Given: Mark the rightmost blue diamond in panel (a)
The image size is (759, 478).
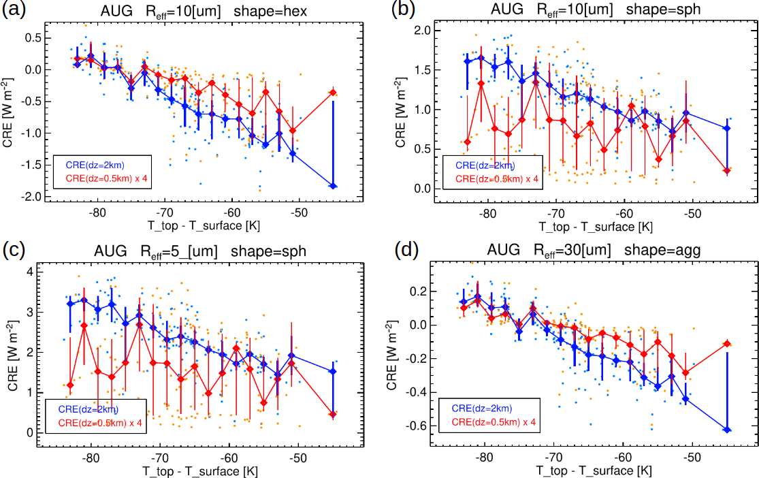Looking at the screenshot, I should coord(333,186).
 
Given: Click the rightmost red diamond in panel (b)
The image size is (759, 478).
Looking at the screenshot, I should coord(727,171).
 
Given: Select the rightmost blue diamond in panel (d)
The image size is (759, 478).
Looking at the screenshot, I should coord(727,430).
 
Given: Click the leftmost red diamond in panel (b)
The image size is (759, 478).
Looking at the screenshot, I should coord(467,142).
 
